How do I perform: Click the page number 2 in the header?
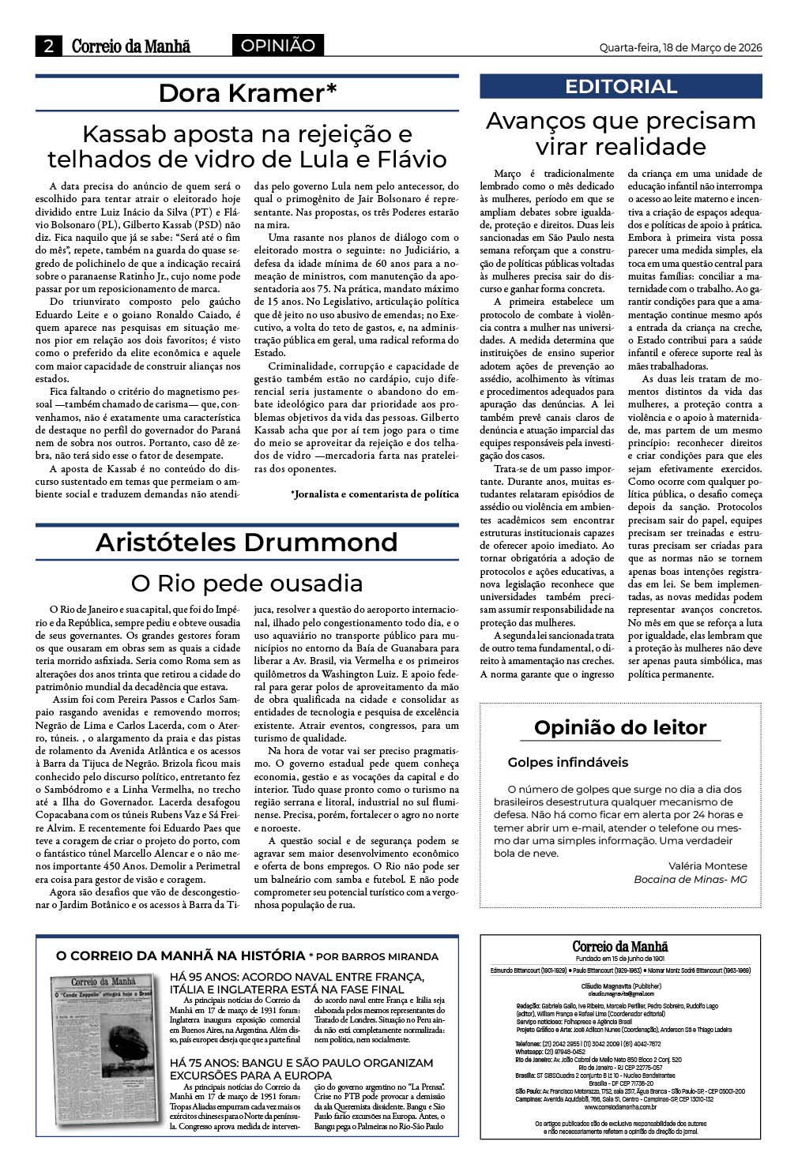[x=49, y=47]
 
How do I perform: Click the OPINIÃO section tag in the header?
[x=277, y=46]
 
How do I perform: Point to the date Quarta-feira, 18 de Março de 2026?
[x=680, y=47]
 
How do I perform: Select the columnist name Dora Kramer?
[x=247, y=93]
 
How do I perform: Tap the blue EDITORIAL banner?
[x=620, y=87]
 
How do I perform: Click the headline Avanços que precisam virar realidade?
[x=620, y=133]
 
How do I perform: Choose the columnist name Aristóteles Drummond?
[x=247, y=542]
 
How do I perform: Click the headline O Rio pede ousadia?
[x=247, y=584]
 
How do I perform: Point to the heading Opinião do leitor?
[x=620, y=727]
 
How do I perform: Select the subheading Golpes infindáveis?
[x=567, y=762]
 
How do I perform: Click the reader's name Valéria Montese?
[x=707, y=865]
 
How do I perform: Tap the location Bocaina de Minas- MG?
[x=690, y=879]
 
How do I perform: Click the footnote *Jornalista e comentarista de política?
[x=375, y=494]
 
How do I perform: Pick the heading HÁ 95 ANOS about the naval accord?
[x=297, y=983]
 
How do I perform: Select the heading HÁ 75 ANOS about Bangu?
[x=301, y=1069]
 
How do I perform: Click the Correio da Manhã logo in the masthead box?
[x=620, y=946]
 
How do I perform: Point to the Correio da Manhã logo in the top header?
[x=131, y=47]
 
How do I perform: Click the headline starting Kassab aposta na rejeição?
[x=247, y=146]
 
